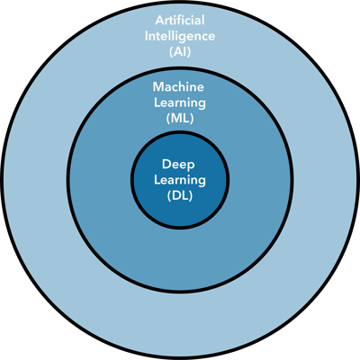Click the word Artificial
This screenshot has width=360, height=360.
pyautogui.click(x=180, y=21)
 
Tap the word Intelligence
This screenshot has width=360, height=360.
pyautogui.click(x=180, y=37)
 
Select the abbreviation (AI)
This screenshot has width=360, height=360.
pyautogui.click(x=180, y=52)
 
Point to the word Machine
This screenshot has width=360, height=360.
pyautogui.click(x=178, y=87)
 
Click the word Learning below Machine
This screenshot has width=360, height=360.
pyautogui.click(x=180, y=103)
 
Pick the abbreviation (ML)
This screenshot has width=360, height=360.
pyautogui.click(x=180, y=119)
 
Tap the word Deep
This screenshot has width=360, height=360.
pyautogui.click(x=178, y=165)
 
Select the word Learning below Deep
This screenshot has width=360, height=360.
pyautogui.click(x=180, y=181)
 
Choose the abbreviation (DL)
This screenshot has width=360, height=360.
pyautogui.click(x=180, y=196)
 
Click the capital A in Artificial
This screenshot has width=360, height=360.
pyautogui.click(x=160, y=21)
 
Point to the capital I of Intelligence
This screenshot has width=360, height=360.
pyautogui.click(x=147, y=36)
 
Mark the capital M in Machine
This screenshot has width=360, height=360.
pyautogui.click(x=158, y=87)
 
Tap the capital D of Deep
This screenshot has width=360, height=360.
pyautogui.click(x=166, y=165)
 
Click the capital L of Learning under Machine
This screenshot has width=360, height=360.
pyautogui.click(x=157, y=103)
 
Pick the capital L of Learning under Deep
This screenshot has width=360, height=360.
pyautogui.click(x=157, y=180)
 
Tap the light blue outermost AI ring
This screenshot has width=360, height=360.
pyautogui.click(x=180, y=324)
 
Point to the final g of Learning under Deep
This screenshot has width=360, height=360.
pyautogui.click(x=202, y=183)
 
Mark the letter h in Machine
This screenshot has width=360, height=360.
pyautogui.click(x=184, y=87)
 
